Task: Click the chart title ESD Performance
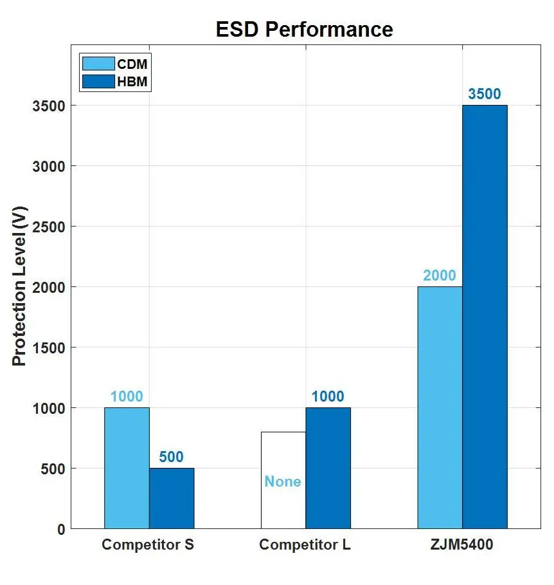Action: [x=304, y=30]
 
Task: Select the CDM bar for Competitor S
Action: [x=127, y=468]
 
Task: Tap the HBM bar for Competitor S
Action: [x=172, y=498]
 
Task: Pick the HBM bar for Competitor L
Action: [x=328, y=468]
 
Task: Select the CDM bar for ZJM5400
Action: [x=440, y=407]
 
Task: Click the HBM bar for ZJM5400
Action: [x=485, y=317]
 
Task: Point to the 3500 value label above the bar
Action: [x=485, y=94]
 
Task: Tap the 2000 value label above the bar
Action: [x=440, y=276]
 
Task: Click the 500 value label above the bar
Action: [x=172, y=458]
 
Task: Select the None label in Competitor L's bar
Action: [x=283, y=481]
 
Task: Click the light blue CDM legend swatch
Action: [x=98, y=64]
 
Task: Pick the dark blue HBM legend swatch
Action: [x=98, y=81]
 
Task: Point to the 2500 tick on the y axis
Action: [x=48, y=227]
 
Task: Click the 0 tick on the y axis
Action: [x=60, y=529]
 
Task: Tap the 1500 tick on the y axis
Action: [x=48, y=348]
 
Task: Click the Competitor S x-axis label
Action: [x=148, y=545]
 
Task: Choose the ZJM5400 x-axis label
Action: [x=462, y=545]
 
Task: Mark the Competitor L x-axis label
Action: [x=305, y=545]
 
